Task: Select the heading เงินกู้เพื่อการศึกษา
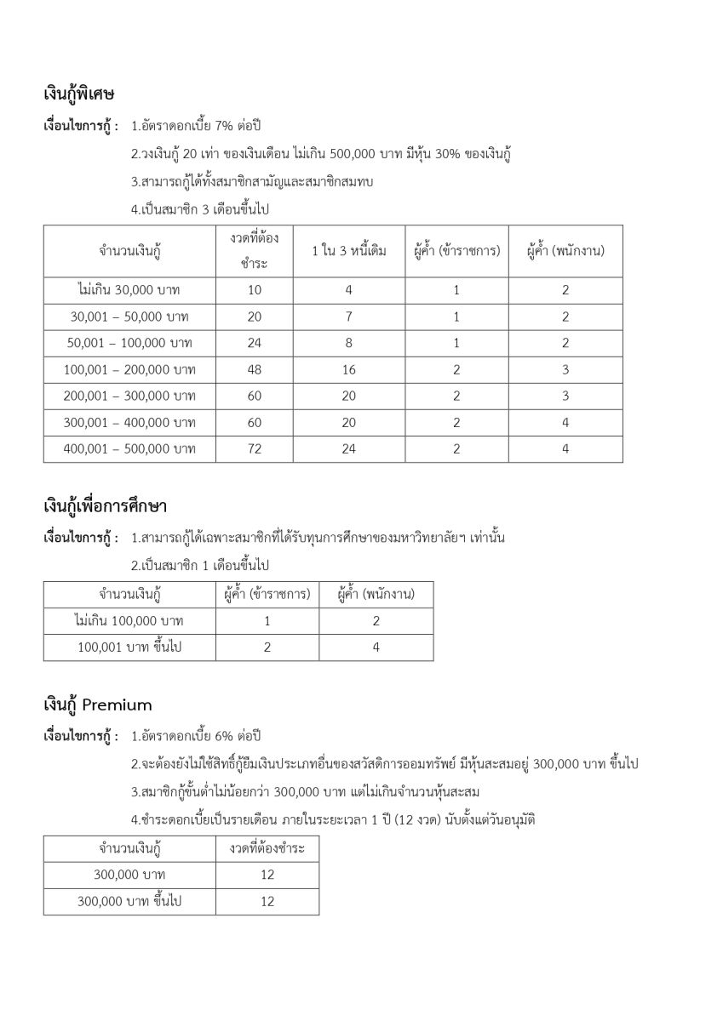point(105,509)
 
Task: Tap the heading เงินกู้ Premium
point(98,704)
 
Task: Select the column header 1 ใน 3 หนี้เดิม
point(348,251)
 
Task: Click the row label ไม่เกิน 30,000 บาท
point(129,290)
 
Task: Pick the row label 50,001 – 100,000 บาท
point(129,343)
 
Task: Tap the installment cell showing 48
point(255,369)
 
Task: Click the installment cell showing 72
point(255,449)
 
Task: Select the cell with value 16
point(348,369)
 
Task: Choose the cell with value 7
point(348,317)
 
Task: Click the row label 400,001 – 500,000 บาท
point(129,449)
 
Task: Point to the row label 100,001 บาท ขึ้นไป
point(129,647)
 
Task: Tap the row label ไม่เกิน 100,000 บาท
point(129,620)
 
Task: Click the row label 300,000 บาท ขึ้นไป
point(129,901)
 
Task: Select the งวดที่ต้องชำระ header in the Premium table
point(267,848)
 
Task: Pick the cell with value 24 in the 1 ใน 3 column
point(348,449)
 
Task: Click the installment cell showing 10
point(255,290)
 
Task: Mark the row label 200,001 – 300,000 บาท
point(129,396)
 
